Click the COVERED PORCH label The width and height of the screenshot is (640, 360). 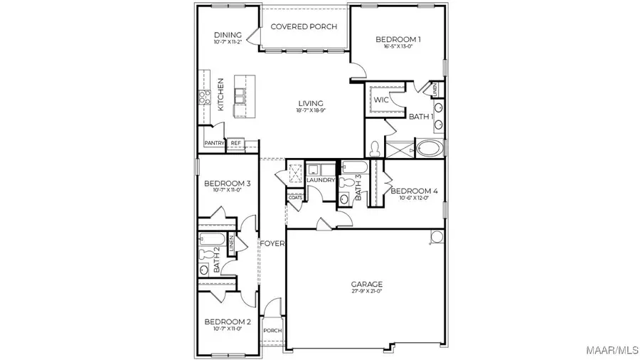[x=304, y=26]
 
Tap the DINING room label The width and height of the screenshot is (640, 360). [x=228, y=35]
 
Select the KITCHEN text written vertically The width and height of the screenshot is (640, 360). [x=221, y=94]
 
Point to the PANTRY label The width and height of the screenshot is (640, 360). [x=214, y=143]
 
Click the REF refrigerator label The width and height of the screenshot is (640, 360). [x=235, y=143]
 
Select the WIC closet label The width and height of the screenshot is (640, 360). [x=381, y=100]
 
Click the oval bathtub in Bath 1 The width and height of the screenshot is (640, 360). [x=428, y=149]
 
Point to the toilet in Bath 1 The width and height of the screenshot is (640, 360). [x=375, y=149]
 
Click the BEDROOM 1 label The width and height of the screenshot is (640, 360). [x=398, y=39]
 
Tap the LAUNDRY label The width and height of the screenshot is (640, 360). [x=321, y=180]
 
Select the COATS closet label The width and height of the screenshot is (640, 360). [x=295, y=197]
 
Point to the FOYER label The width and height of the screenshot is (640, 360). [x=272, y=243]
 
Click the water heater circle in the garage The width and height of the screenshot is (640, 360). [x=436, y=236]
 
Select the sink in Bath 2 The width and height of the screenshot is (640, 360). [x=203, y=270]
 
